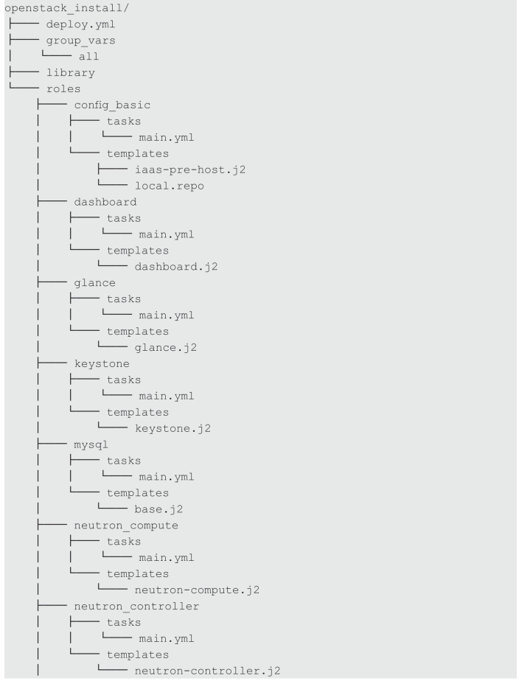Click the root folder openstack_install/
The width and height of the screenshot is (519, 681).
point(66,8)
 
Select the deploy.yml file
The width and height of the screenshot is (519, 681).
point(81,24)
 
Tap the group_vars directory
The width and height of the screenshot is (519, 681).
point(81,41)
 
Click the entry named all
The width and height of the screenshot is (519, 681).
point(88,57)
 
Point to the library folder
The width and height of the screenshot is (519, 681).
point(70,72)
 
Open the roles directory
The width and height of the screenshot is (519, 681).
point(63,88)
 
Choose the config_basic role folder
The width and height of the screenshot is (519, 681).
point(112,105)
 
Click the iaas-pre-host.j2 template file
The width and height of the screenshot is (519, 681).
point(190,170)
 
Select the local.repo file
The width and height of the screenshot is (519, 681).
point(170,186)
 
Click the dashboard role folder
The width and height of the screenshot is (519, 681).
point(105,202)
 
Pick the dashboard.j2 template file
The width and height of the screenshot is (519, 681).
point(176,266)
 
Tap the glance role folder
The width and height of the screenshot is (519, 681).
point(94,283)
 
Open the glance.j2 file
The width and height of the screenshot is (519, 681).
point(166,347)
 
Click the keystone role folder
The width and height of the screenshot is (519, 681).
point(102,364)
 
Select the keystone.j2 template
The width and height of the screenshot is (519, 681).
point(173,428)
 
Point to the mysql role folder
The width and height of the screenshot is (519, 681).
point(91,444)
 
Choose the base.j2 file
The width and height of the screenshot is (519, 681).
point(159,509)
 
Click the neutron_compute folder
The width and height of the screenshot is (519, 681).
point(126,525)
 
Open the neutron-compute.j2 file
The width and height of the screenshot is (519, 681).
point(197,590)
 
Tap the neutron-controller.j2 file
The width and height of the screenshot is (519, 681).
point(208,671)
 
